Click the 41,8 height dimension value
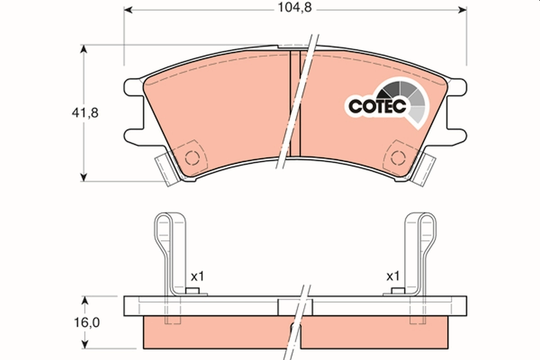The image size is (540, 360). [x=84, y=113]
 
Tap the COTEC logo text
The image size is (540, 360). [x=378, y=106]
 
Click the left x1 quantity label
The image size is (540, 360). [x=197, y=277]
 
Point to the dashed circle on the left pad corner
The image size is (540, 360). [x=192, y=158]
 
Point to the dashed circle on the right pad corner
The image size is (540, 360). [x=397, y=158]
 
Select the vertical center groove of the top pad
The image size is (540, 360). [x=294, y=103]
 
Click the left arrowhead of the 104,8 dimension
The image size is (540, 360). [x=128, y=9]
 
